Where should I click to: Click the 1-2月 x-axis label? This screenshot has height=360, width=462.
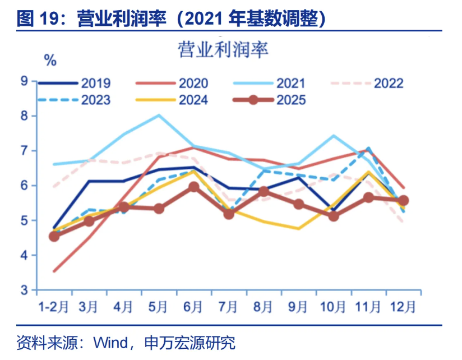(54, 307)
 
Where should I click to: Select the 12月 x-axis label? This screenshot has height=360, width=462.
(403, 307)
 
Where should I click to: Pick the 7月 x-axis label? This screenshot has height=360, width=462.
(228, 307)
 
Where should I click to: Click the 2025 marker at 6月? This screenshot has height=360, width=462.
(193, 187)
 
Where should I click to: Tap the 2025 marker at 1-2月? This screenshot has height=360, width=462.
(54, 236)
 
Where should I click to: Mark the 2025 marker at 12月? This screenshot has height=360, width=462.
(403, 200)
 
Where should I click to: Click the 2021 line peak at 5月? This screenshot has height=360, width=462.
(159, 115)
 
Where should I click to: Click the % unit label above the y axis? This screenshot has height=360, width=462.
(50, 59)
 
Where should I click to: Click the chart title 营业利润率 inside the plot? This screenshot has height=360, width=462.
(223, 50)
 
